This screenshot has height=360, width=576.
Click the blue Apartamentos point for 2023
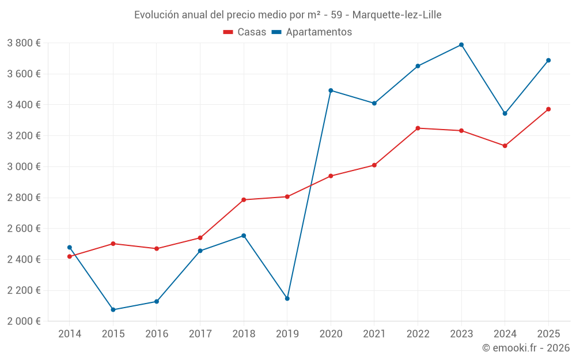[461, 45]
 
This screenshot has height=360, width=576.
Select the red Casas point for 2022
[418, 128]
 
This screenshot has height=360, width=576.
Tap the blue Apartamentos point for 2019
[287, 298]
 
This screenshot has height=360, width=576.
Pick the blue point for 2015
[113, 310]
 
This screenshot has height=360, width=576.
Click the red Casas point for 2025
[548, 109]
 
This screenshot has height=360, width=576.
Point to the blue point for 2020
[331, 90]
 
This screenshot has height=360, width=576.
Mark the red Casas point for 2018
[244, 200]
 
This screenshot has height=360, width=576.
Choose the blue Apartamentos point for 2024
[505, 113]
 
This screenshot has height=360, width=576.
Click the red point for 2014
[70, 256]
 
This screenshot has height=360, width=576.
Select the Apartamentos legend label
[319, 32]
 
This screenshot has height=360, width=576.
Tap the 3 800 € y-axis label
[24, 43]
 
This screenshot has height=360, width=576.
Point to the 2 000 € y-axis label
[24, 321]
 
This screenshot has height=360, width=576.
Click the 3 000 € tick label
[24, 166]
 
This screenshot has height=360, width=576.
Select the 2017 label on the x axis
[200, 334]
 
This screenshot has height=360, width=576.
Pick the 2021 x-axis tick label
[374, 334]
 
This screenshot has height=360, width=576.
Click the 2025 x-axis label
[548, 334]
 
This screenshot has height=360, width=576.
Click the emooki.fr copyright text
[526, 348]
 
